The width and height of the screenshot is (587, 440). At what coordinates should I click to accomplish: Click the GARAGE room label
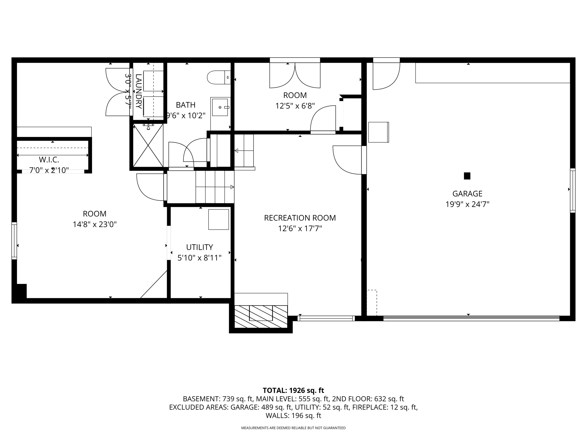click(x=467, y=194)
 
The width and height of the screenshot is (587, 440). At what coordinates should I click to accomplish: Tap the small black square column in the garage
click(x=467, y=176)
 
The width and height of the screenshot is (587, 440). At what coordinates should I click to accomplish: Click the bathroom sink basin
click(x=220, y=107)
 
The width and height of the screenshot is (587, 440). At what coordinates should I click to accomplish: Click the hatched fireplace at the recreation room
click(x=261, y=316)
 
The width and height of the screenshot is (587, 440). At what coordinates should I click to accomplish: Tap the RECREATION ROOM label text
click(x=300, y=218)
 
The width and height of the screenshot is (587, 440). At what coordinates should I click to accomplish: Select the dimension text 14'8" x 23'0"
click(x=95, y=224)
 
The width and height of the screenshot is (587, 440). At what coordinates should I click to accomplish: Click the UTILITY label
click(x=199, y=247)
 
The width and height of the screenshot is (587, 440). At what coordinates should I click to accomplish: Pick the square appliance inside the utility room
click(x=218, y=219)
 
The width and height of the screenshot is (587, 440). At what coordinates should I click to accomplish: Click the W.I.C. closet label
click(x=49, y=160)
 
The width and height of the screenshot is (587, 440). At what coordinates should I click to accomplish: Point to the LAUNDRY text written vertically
click(x=138, y=91)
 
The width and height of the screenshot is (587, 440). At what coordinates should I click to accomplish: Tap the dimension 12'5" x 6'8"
click(x=295, y=106)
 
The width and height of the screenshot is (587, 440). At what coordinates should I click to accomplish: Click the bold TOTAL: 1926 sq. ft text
click(x=293, y=390)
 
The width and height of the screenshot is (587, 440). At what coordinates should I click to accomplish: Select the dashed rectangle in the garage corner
click(x=372, y=303)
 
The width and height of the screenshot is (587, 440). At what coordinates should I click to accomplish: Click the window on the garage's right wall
click(x=572, y=190)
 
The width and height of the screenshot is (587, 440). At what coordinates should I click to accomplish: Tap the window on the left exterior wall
click(x=14, y=241)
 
